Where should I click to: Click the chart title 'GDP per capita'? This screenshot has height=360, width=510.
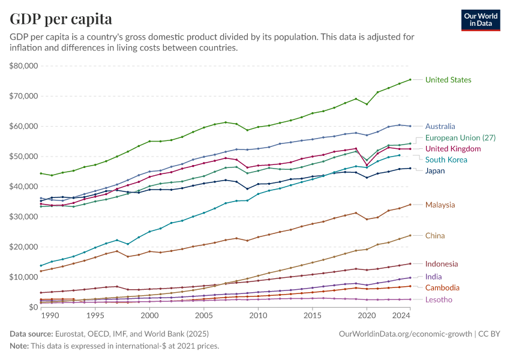(x=61, y=19)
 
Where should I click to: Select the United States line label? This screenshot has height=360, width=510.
(x=448, y=80)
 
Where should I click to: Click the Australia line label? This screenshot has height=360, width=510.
(x=440, y=127)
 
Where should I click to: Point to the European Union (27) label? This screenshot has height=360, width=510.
(x=460, y=138)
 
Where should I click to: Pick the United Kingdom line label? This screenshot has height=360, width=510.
(x=453, y=149)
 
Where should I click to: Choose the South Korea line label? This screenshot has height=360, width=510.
(x=446, y=160)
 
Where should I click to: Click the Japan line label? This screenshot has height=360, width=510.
(x=436, y=171)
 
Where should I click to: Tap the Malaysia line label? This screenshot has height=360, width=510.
(x=440, y=205)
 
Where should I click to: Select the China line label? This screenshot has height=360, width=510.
(x=435, y=235)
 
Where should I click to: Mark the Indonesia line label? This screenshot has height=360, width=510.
(x=442, y=264)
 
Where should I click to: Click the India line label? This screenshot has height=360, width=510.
(x=434, y=277)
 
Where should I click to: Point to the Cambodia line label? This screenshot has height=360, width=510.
(x=443, y=288)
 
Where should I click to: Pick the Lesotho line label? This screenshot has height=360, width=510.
(x=438, y=299)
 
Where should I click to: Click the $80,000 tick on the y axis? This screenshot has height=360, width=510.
(x=23, y=66)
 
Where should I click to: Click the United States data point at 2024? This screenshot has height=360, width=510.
(x=410, y=79)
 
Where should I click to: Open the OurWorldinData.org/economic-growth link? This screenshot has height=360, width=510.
(x=406, y=333)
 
